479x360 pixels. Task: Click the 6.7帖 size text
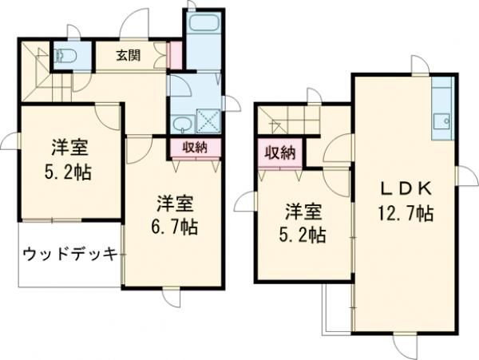(176, 226)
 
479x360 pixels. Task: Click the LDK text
(406, 189)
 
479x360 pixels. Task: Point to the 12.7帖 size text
(406, 214)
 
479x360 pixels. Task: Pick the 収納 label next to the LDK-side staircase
(277, 152)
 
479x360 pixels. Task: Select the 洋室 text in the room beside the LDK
(304, 212)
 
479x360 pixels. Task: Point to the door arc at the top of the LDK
(420, 65)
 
